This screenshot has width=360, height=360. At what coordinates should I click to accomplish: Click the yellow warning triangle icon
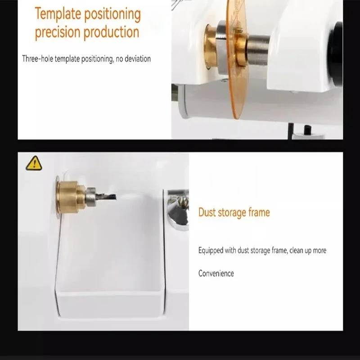[34, 163]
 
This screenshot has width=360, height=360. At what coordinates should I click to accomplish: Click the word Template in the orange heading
[58, 14]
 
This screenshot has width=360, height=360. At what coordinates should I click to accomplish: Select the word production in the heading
[112, 32]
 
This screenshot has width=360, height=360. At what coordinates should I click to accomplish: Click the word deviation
[138, 59]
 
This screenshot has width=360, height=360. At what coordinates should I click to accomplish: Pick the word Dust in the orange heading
[207, 212]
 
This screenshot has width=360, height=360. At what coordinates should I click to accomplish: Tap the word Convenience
[216, 274]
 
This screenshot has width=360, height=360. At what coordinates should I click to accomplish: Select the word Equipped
[211, 250]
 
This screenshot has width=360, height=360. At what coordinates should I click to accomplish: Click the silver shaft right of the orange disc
[258, 50]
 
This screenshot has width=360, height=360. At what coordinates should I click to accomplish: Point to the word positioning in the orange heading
[112, 14]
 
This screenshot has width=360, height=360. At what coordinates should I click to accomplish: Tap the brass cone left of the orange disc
[211, 46]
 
